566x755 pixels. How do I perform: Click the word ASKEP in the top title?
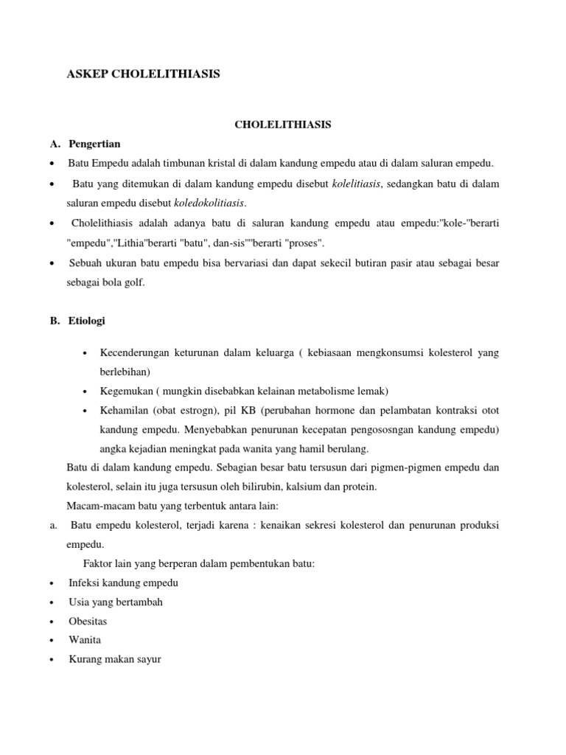(87, 74)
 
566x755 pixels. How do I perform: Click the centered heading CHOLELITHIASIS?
(283, 125)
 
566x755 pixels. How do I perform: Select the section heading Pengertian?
(94, 143)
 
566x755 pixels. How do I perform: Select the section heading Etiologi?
(87, 321)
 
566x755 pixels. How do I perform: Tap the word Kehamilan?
(122, 410)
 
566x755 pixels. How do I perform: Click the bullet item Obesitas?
(88, 621)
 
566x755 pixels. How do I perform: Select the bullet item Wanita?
(85, 640)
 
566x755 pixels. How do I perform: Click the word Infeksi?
(85, 582)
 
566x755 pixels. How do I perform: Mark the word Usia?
(80, 602)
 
